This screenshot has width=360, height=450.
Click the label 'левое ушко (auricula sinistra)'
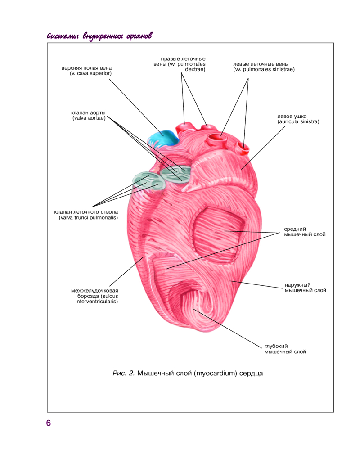point(298,119)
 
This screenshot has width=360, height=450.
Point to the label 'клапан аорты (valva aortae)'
point(89,115)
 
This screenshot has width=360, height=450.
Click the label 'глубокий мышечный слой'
point(285,349)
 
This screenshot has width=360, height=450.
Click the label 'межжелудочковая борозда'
point(97,296)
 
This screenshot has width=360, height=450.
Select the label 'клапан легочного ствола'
point(86,215)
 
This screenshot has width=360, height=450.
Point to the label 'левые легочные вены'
point(264,67)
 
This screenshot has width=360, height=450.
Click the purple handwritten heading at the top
point(99,36)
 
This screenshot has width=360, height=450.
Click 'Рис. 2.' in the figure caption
point(123,373)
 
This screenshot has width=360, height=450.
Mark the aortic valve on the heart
point(176,174)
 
